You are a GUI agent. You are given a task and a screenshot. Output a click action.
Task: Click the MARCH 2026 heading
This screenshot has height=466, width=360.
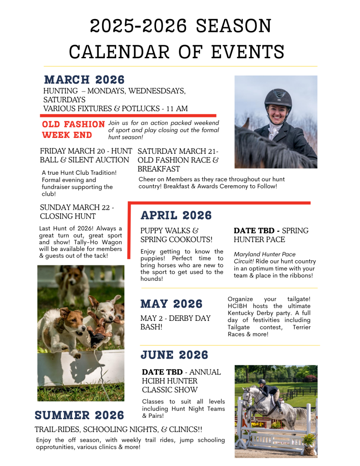point(84,80)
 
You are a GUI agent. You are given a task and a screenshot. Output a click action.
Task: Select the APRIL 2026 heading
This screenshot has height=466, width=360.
point(176,215)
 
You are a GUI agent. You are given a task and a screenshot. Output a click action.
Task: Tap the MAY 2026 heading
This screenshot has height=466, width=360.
point(171,304)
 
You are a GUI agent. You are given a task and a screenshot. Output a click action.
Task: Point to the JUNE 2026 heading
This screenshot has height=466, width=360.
point(174,355)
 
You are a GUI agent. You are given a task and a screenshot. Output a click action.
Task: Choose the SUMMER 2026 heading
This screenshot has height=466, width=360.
point(79,415)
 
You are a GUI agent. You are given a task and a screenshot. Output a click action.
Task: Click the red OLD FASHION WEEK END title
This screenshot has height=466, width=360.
point(73,130)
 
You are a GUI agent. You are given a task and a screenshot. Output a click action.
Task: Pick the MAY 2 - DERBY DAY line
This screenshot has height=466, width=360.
point(175,318)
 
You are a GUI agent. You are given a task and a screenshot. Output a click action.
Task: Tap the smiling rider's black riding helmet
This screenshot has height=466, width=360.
point(278,96)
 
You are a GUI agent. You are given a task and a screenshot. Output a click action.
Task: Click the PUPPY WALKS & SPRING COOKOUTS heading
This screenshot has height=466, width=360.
point(176,235)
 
